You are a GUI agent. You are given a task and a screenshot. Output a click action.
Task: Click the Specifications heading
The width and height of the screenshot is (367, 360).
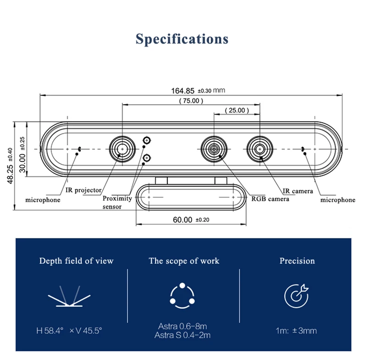point(182,39)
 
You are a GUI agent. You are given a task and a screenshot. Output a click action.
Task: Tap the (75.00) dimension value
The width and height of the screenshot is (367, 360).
point(191,100)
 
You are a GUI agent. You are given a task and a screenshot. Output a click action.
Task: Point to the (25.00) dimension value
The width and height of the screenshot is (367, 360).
point(237,111)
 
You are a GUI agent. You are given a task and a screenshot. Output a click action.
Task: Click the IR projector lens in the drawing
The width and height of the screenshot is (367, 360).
point(122,149)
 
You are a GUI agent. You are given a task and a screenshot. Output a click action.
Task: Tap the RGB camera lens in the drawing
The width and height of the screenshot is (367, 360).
point(214,149)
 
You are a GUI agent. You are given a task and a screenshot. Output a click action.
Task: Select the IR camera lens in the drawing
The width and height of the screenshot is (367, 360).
point(260,149)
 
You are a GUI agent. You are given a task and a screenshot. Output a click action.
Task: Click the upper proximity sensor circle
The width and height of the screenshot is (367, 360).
point(147,140)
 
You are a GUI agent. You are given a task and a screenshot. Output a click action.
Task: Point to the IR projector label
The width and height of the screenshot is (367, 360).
point(83,190)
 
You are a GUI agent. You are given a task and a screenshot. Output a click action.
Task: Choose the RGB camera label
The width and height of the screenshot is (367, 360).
point(270,199)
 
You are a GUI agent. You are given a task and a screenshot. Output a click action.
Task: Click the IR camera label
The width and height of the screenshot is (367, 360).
point(298,191)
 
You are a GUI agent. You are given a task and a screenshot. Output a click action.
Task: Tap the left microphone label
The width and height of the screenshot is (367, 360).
point(43,200)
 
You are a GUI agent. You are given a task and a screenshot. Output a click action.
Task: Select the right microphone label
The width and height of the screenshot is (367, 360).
point(338,199)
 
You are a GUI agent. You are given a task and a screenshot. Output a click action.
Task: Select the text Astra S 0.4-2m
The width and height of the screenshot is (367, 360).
point(183,335)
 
